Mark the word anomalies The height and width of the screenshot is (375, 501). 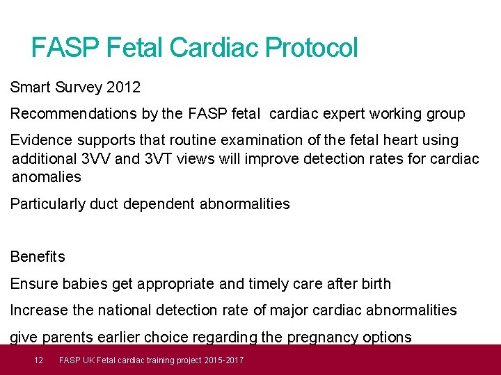click(47, 177)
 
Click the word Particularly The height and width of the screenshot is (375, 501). click(49, 204)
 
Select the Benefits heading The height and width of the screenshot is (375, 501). click(38, 257)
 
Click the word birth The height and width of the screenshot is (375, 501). click(374, 284)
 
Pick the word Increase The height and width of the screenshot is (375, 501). click(38, 310)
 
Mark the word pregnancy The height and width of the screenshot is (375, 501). click(325, 337)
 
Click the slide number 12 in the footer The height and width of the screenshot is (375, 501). click(39, 360)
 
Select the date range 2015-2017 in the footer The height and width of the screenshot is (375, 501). click(223, 360)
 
